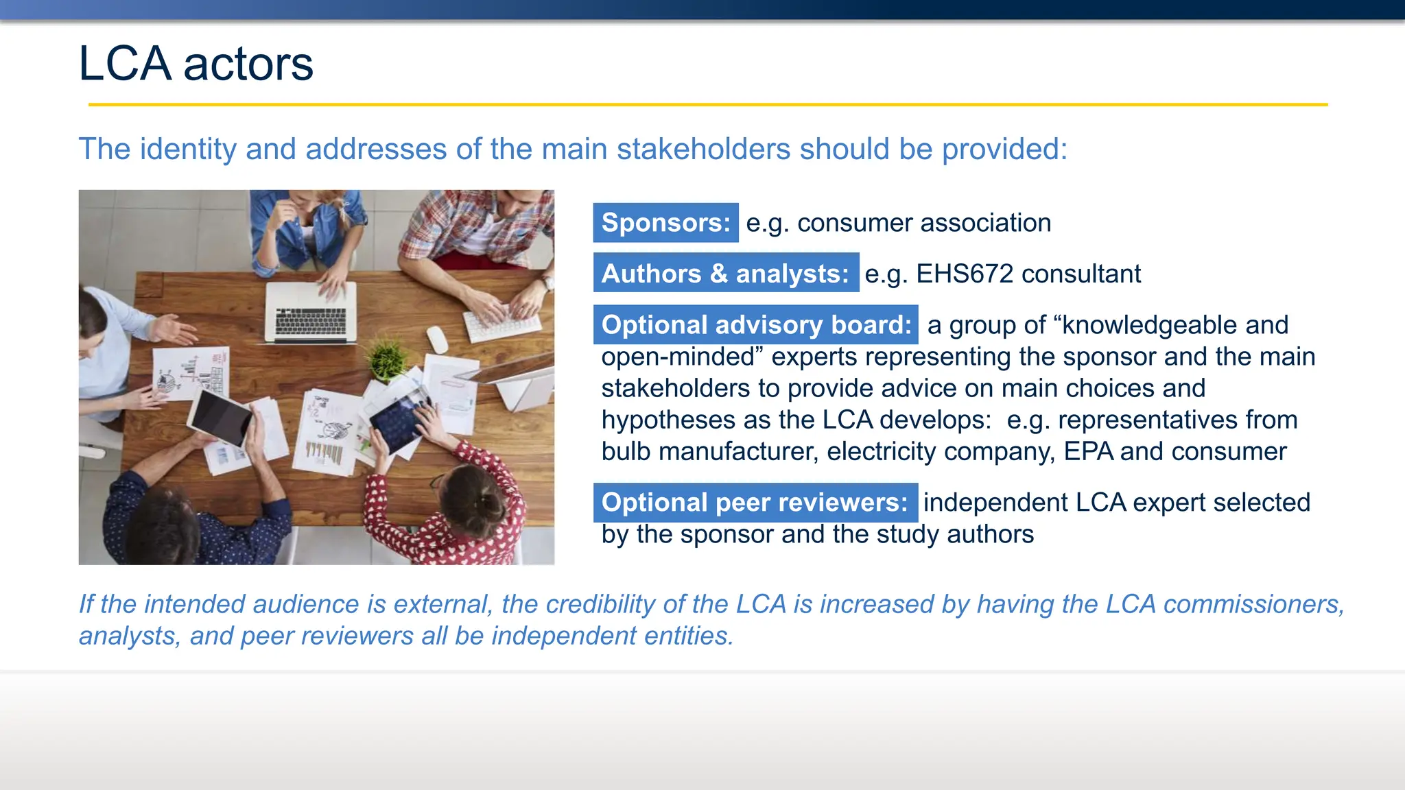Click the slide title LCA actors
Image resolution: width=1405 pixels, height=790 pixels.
click(x=196, y=64)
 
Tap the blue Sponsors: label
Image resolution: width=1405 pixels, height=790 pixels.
click(x=665, y=223)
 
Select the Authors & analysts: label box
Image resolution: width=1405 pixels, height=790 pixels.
click(x=726, y=273)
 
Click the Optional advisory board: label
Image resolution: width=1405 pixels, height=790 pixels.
click(x=755, y=324)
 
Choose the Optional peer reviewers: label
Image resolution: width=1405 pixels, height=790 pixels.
click(x=755, y=502)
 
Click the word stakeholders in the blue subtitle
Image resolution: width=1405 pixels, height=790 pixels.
click(x=703, y=149)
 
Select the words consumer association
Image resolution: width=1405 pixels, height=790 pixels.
click(x=923, y=223)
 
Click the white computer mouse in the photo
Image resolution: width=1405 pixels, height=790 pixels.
click(x=437, y=339)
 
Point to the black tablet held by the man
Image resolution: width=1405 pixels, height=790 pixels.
click(x=221, y=417)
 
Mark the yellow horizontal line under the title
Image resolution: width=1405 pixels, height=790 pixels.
click(x=707, y=105)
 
